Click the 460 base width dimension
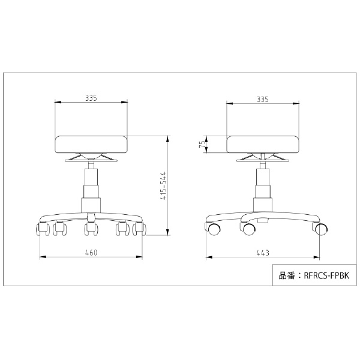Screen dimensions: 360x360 tap(91, 253)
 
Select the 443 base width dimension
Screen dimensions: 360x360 tap(263, 253)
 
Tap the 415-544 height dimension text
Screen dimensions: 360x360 tap(163, 186)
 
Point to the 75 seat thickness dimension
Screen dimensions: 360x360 tap(203, 145)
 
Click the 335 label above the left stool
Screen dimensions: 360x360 tap(91, 98)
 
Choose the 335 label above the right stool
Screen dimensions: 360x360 tap(263, 100)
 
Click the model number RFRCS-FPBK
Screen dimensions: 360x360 tap(326, 275)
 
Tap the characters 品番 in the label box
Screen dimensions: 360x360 tap(287, 275)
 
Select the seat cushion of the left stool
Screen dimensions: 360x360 tap(91, 145)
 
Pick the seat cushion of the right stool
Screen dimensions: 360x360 tap(263, 145)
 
